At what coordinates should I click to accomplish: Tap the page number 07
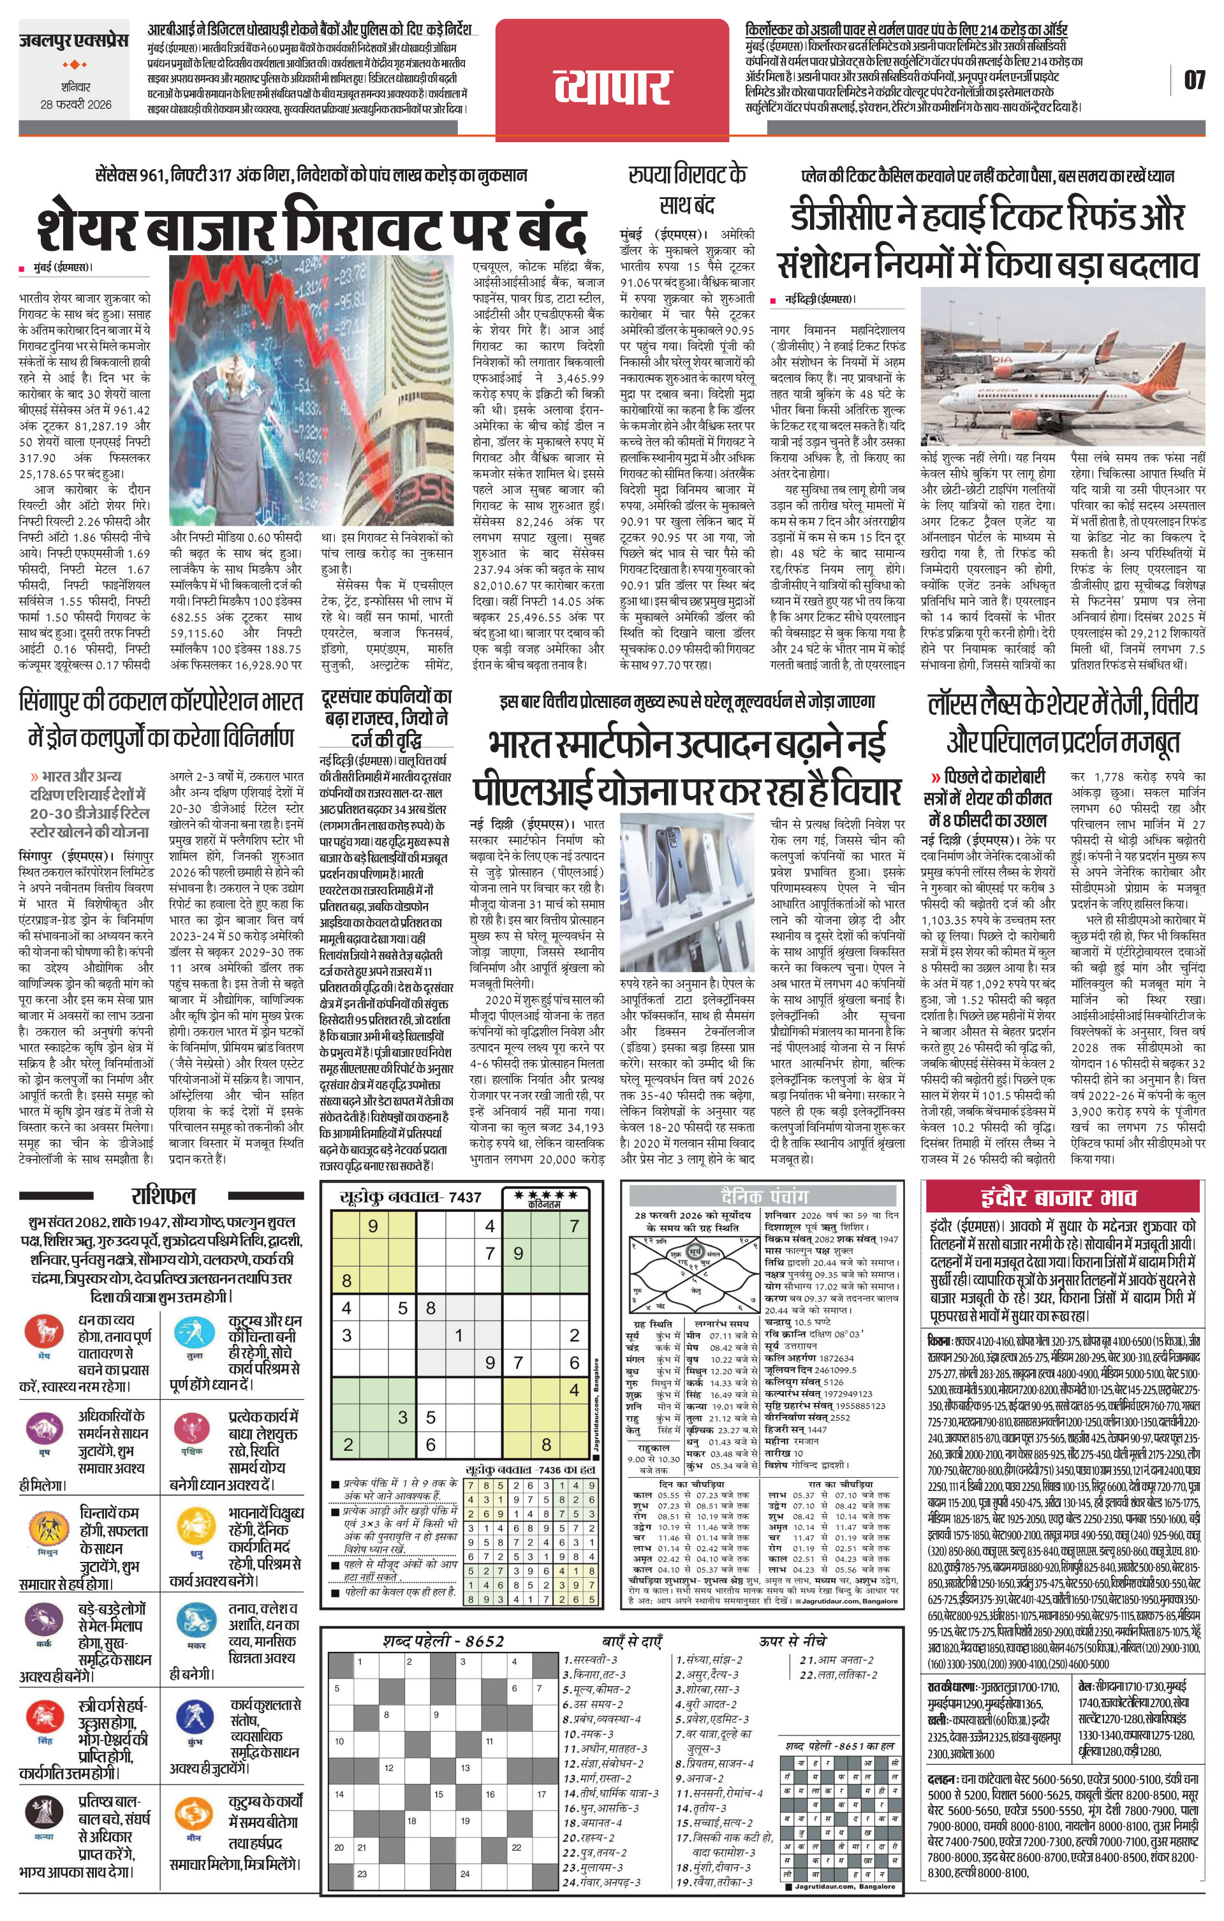[1193, 80]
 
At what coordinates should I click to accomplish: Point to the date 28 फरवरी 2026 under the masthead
[77, 105]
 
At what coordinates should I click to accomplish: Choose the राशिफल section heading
[163, 1196]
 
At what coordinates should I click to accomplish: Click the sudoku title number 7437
[465, 1196]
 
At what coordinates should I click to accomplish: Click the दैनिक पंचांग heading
[763, 1195]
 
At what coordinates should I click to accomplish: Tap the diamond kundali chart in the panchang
[691, 1267]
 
